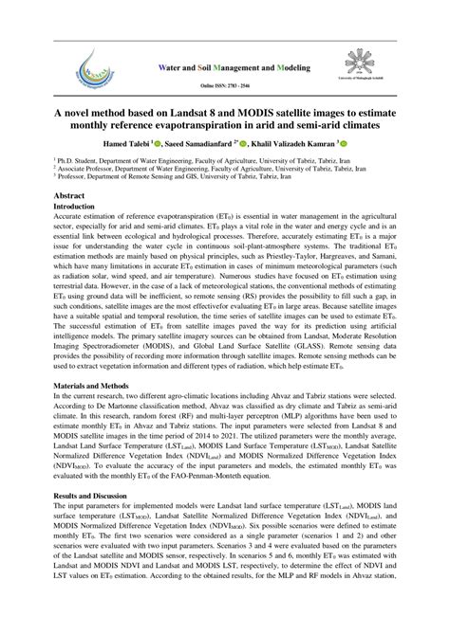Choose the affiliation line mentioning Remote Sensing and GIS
click(180, 177)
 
